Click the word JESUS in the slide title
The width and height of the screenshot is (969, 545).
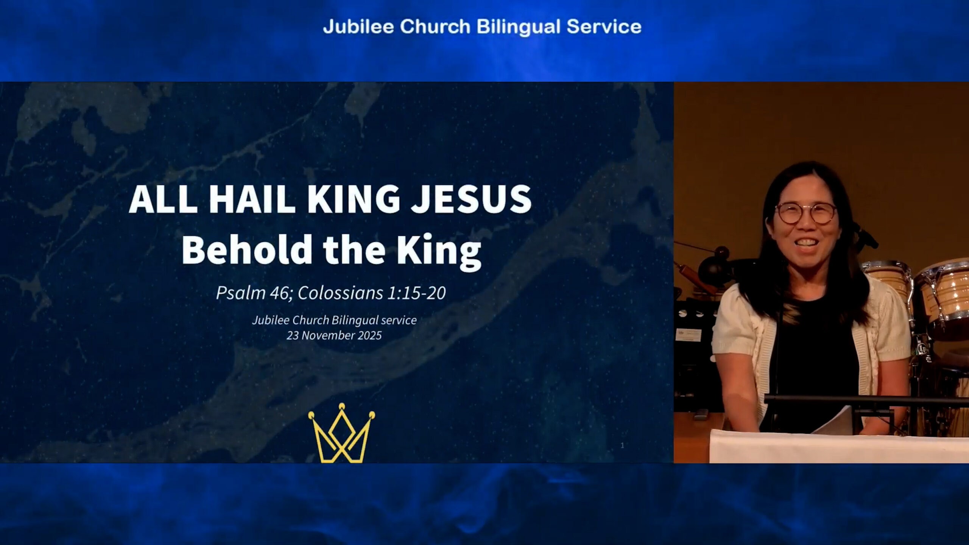pos(471,199)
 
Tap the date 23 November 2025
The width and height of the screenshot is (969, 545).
pos(334,336)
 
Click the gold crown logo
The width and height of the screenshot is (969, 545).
pos(342,433)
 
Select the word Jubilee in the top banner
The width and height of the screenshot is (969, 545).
pos(359,27)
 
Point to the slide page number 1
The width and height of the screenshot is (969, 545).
pos(622,446)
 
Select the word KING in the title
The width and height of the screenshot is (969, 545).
pos(353,199)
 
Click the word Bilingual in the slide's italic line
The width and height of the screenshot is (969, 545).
pos(355,321)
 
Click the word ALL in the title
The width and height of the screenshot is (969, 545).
pos(163,199)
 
